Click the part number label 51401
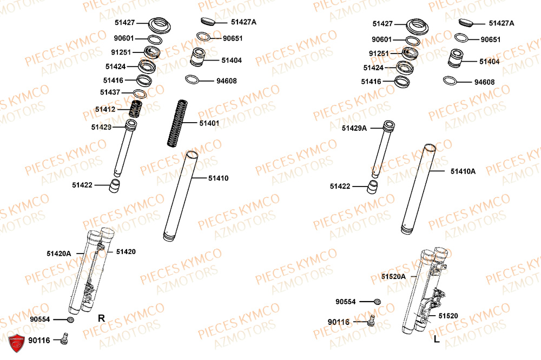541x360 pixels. pyautogui.click(x=209, y=123)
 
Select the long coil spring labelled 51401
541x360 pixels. pyautogui.click(x=176, y=123)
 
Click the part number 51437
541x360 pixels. pyautogui.click(x=110, y=92)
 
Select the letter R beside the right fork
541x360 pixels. pyautogui.click(x=101, y=318)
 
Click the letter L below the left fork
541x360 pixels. pyautogui.click(x=436, y=339)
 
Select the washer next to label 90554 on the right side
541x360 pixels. pyautogui.click(x=378, y=302)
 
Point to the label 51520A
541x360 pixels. pyautogui.click(x=393, y=276)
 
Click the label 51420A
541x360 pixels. pyautogui.click(x=58, y=253)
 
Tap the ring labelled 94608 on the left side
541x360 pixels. pyautogui.click(x=193, y=80)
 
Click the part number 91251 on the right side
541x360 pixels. pyautogui.click(x=379, y=54)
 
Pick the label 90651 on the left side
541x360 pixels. pyautogui.click(x=233, y=38)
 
